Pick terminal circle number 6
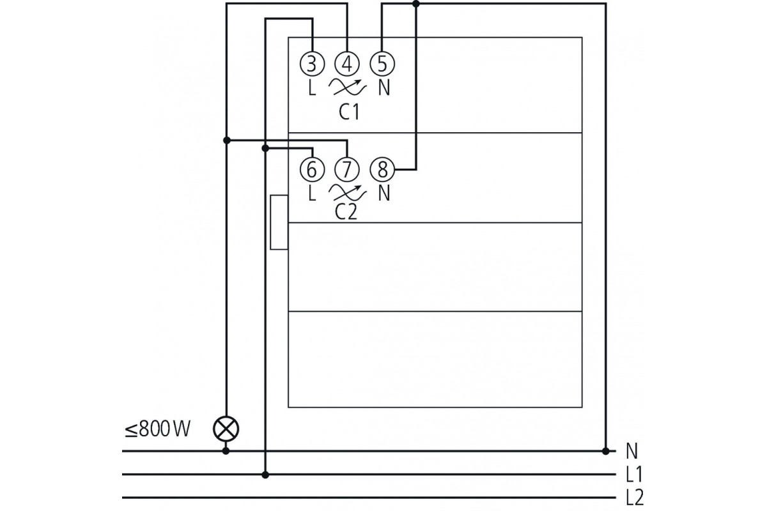point(311,169)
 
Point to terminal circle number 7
point(347,169)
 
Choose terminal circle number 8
point(383,169)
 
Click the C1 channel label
point(349,112)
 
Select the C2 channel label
point(346,212)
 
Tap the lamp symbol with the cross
point(226,429)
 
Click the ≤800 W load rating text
point(157,429)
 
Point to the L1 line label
point(633,475)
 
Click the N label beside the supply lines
point(631,452)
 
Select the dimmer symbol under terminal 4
point(348,86)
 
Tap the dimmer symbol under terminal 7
point(348,192)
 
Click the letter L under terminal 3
point(312,88)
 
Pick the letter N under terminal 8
point(383,192)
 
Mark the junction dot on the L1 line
point(267,475)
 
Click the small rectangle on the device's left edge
point(279,222)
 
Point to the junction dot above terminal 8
point(416,4)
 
